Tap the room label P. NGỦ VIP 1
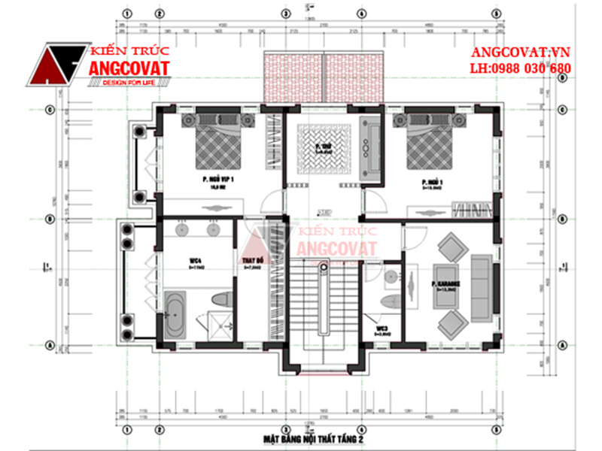point(218,180)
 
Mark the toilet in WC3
point(391,304)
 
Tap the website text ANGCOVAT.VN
point(519,54)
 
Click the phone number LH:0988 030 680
point(519,69)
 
